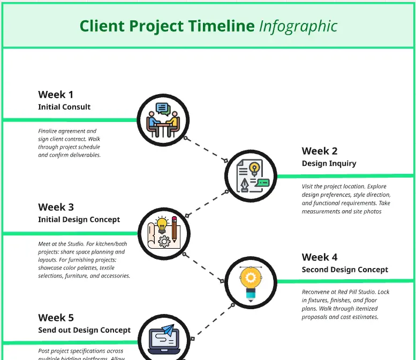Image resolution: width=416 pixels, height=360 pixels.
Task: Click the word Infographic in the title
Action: [x=298, y=26]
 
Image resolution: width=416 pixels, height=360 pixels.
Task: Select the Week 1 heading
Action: [x=56, y=95]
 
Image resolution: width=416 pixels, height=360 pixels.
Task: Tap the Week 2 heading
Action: [x=320, y=151]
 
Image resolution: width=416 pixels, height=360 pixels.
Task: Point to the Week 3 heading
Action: [x=56, y=207]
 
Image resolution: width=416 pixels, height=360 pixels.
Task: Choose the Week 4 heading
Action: [x=320, y=257]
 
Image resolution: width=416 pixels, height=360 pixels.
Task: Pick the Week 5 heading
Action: [x=56, y=318]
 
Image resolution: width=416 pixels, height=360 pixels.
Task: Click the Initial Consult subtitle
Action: [x=64, y=107]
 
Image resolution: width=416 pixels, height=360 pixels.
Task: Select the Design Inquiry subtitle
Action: [x=329, y=163]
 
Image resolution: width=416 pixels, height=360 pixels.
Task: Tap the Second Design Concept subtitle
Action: [x=345, y=270]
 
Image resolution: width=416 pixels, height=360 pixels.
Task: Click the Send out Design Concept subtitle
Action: [x=84, y=330]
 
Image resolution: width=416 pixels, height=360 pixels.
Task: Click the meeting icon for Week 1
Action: [x=163, y=119]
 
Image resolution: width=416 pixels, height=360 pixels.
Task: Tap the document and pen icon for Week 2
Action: [x=250, y=175]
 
